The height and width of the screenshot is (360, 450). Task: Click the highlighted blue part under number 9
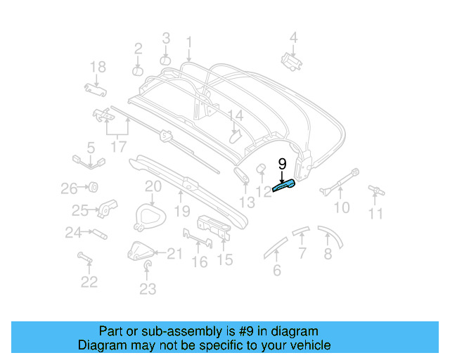tap(284, 187)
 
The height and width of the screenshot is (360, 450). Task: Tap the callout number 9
tap(283, 165)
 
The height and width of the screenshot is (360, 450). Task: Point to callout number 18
tap(98, 67)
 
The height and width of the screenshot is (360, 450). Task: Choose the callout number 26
tap(69, 188)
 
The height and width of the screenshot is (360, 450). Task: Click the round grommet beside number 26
tap(91, 187)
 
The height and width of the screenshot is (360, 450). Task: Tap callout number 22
tap(89, 282)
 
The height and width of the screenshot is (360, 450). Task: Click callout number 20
tap(153, 186)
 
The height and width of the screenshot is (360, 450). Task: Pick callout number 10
tap(341, 207)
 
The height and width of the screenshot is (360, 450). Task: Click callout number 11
tap(377, 213)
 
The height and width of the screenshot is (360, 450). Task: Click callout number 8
tap(328, 255)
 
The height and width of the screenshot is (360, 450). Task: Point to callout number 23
tap(148, 288)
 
